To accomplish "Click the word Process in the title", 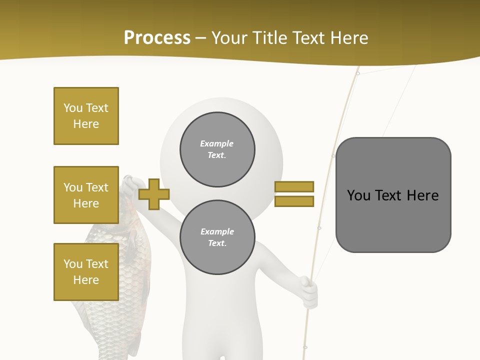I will (x=157, y=38).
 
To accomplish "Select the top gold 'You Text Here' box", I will (x=86, y=116).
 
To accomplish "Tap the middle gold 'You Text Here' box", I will (x=86, y=195).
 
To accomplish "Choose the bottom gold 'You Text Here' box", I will (x=86, y=272).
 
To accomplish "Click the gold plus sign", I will (x=154, y=194).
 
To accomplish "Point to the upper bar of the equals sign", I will (x=294, y=186).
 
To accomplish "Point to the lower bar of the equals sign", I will (x=294, y=201).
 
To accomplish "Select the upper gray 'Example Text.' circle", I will (x=217, y=149).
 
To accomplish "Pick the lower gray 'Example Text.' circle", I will (x=217, y=237).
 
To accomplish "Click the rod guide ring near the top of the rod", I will (x=357, y=73).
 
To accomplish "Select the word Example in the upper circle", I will (x=216, y=143).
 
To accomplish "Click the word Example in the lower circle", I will (x=217, y=231).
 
